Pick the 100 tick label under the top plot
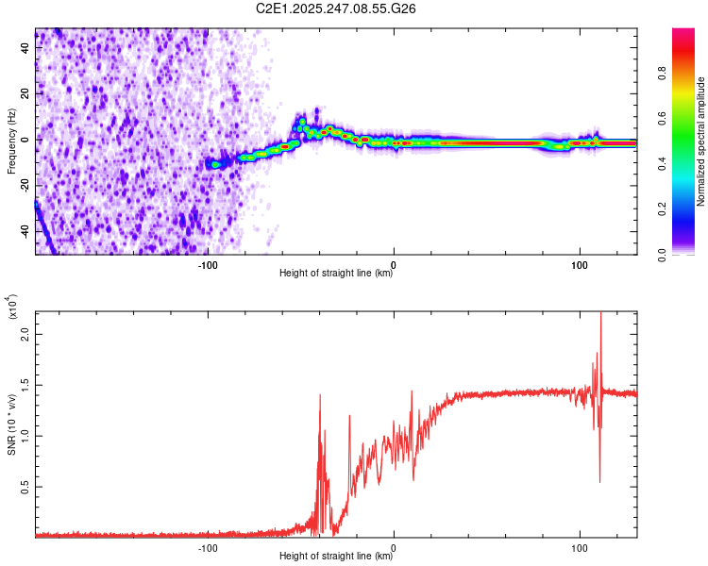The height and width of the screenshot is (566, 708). [580, 263]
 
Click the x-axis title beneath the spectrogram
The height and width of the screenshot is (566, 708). [336, 274]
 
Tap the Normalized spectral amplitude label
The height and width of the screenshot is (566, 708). [701, 141]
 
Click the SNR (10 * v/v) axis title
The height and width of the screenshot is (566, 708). [11, 421]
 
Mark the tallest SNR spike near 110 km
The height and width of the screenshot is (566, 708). [601, 313]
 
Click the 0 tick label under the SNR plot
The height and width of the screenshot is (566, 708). [394, 546]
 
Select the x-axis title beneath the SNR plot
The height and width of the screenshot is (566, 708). [336, 557]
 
